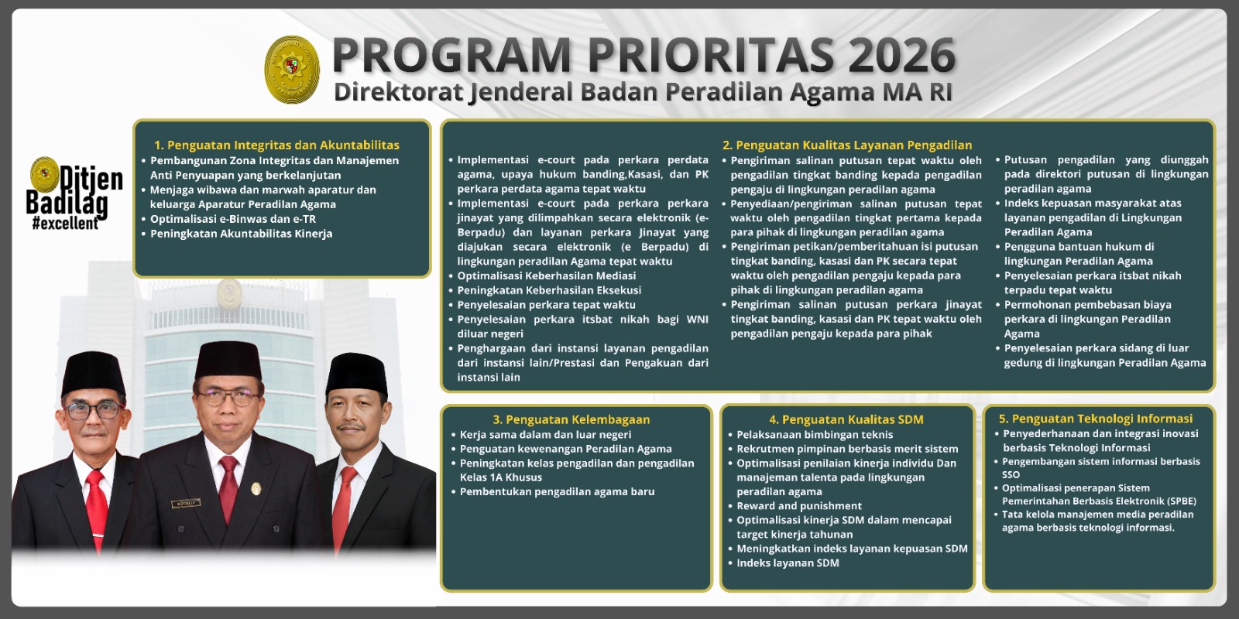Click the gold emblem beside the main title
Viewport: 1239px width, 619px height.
click(x=292, y=70)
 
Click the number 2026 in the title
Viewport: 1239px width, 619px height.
click(x=901, y=55)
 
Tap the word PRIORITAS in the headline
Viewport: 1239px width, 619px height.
click(x=709, y=55)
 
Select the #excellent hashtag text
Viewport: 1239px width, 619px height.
click(x=65, y=224)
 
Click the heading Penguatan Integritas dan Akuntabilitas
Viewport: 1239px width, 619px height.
click(x=276, y=145)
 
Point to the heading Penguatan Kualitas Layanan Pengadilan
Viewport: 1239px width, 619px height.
click(x=846, y=145)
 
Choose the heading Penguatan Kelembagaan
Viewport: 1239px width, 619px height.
click(x=571, y=419)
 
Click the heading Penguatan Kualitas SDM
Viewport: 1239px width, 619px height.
click(x=846, y=419)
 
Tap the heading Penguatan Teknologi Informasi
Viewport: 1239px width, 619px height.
click(x=1095, y=419)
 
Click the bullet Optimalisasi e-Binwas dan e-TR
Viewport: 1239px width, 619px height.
click(x=232, y=219)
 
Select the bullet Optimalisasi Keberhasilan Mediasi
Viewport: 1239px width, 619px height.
click(x=546, y=275)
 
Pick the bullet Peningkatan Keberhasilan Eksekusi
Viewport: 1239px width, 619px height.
click(x=548, y=290)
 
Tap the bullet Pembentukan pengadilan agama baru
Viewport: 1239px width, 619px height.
click(x=557, y=491)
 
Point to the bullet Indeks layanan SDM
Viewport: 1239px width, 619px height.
click(x=788, y=563)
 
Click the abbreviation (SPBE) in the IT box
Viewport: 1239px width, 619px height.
click(x=1172, y=501)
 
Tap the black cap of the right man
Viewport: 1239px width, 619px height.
click(x=356, y=374)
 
